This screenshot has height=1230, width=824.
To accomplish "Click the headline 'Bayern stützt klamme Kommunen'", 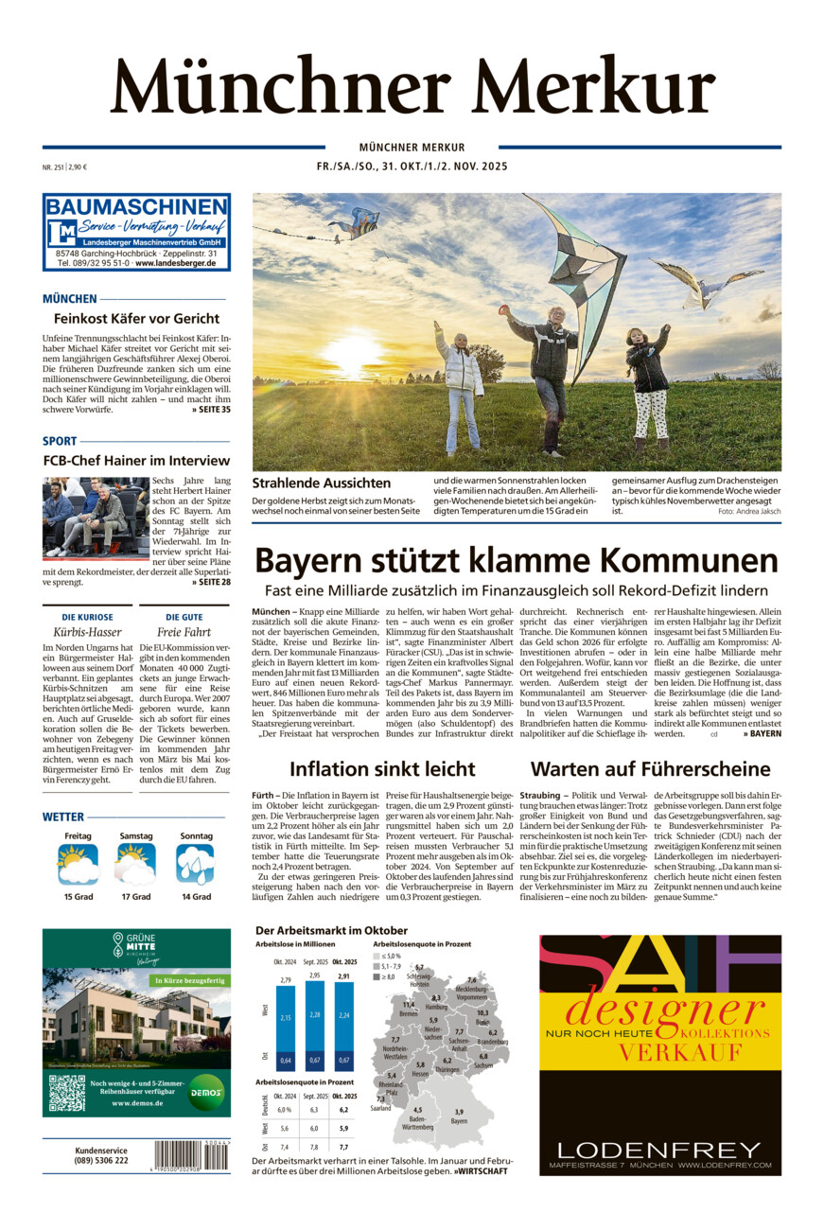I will pyautogui.click(x=517, y=560).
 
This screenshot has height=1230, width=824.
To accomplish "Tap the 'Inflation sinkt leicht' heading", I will pyautogui.click(x=382, y=768).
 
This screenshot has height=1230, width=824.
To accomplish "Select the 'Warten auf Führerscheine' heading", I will pyautogui.click(x=650, y=768).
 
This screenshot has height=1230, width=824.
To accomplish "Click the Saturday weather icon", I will pyautogui.click(x=136, y=864).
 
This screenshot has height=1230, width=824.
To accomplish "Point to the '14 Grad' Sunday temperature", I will pyautogui.click(x=196, y=896).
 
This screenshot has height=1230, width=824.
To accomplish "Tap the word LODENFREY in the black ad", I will pyautogui.click(x=659, y=1150).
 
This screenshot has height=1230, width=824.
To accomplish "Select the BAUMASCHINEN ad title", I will pyautogui.click(x=136, y=207).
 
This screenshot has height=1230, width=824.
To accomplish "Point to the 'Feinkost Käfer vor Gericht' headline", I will pyautogui.click(x=136, y=318).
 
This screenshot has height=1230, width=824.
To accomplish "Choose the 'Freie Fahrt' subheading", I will pyautogui.click(x=184, y=631).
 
